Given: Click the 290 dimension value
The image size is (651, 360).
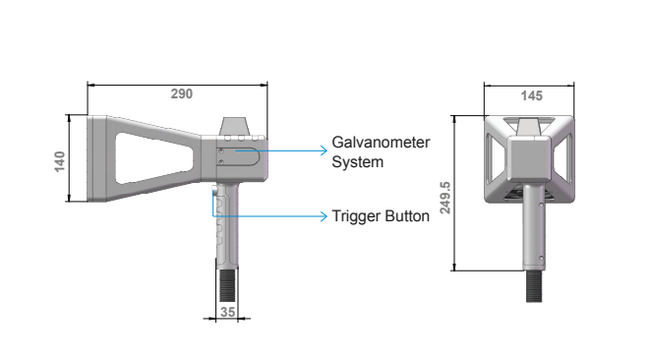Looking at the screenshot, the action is click(181, 93).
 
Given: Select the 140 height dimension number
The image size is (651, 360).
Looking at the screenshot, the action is click(60, 161).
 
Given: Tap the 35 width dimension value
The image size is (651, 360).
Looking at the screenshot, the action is click(227, 312).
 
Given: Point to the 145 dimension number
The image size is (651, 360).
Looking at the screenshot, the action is click(531, 96).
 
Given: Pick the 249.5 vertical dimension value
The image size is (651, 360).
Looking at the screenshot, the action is click(445, 198).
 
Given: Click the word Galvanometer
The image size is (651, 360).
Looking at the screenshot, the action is click(381, 143).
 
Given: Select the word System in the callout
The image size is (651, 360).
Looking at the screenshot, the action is click(358, 162).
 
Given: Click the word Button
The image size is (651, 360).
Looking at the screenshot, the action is click(407, 216).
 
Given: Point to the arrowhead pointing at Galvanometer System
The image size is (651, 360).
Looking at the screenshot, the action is click(325, 150).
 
